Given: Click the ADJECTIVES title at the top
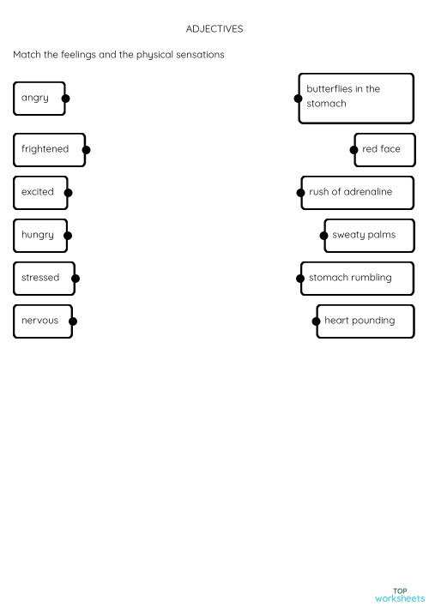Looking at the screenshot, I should [214, 29].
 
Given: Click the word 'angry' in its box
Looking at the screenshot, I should [35, 98].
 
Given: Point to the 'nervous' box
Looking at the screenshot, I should [40, 321].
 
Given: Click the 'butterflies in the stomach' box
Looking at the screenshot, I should [355, 97].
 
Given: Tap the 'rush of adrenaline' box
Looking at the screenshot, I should [355, 192].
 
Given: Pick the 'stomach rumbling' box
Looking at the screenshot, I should [355, 278].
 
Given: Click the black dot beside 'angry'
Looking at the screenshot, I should [66, 99].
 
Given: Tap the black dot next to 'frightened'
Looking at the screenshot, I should [86, 150].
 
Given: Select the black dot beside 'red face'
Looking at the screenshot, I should [353, 150].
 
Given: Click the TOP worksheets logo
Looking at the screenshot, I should [399, 595].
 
